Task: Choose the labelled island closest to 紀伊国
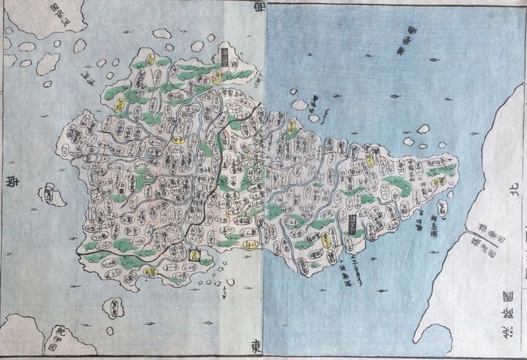tap(113, 307)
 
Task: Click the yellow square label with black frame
tap(354, 220)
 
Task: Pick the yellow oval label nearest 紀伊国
tap(195, 255)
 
